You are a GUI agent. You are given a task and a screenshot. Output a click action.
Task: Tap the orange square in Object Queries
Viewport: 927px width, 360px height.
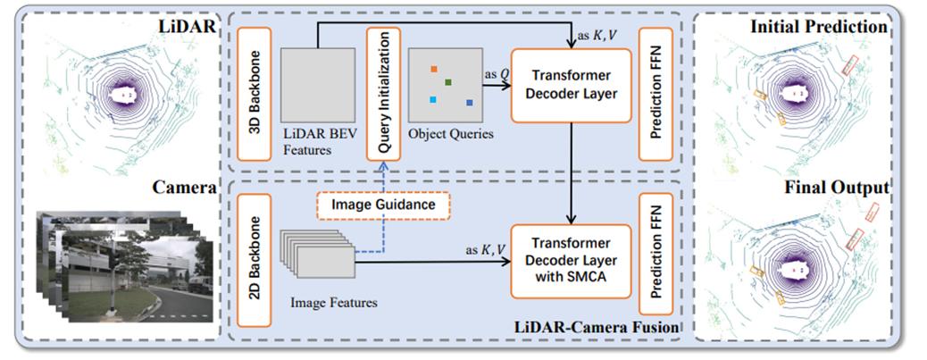(433, 69)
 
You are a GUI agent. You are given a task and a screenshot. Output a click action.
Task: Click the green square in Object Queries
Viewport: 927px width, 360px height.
(448, 83)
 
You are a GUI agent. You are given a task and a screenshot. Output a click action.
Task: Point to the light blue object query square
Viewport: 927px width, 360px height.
(432, 99)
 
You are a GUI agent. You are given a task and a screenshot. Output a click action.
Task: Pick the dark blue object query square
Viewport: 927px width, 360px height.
(469, 104)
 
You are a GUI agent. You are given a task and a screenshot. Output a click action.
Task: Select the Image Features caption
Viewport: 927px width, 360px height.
(333, 303)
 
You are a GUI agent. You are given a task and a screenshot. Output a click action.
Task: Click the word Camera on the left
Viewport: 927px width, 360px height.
(185, 188)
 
